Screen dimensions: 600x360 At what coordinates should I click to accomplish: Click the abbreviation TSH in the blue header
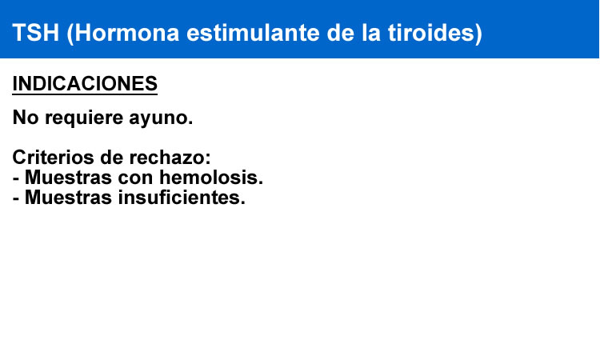[35, 33]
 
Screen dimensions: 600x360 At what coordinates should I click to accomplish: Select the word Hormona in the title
[127, 33]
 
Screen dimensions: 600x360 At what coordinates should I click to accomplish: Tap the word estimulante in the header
[253, 33]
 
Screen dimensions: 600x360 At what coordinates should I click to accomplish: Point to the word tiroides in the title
[431, 33]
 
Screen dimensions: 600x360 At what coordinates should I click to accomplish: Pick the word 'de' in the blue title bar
[341, 33]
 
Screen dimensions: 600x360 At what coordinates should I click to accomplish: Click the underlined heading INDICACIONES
[85, 83]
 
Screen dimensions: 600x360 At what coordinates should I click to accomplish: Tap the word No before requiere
[26, 117]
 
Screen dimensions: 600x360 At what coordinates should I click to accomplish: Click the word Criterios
[53, 158]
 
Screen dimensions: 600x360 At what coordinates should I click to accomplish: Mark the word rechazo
[170, 158]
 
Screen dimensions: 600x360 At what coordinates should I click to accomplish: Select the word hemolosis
[211, 178]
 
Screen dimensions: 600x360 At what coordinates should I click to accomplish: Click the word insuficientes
[182, 198]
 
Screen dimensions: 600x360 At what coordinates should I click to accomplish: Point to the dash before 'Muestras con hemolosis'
[16, 179]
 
